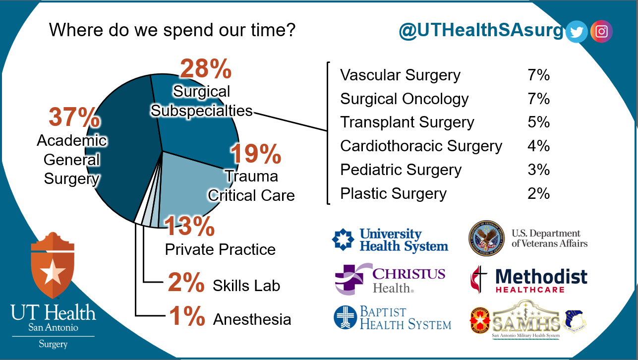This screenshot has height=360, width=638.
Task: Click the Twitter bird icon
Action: click(x=577, y=32)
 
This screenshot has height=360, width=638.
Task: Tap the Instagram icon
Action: click(x=601, y=32)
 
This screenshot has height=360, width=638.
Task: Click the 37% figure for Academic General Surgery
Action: click(x=74, y=118)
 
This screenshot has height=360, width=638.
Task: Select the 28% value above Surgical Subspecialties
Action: click(x=205, y=69)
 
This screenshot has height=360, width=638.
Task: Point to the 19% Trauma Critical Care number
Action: click(x=256, y=154)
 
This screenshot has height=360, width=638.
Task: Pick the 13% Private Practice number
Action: click(x=189, y=227)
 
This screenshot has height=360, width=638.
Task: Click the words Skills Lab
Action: click(x=246, y=286)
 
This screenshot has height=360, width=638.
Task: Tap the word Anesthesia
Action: click(x=252, y=319)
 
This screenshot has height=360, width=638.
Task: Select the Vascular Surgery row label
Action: click(x=400, y=75)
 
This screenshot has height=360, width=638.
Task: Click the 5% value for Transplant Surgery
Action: click(x=538, y=122)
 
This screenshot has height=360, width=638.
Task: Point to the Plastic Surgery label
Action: click(x=393, y=193)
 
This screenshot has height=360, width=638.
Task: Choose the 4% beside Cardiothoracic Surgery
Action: click(x=538, y=146)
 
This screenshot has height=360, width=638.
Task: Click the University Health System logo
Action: click(x=390, y=240)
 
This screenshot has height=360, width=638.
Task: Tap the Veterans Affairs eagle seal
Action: click(x=486, y=239)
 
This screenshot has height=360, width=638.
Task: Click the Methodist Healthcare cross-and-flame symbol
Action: click(x=478, y=279)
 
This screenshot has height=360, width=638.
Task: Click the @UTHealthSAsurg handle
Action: click(x=481, y=31)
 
